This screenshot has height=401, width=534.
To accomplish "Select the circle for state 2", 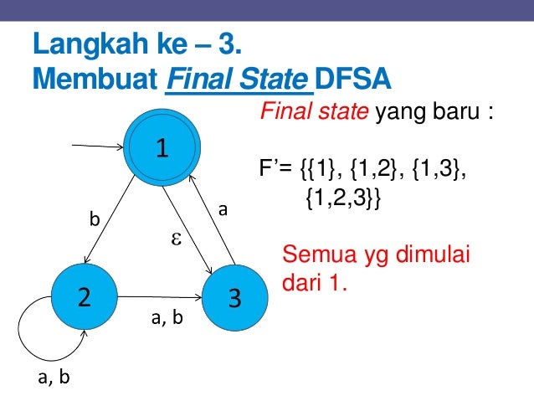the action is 84,297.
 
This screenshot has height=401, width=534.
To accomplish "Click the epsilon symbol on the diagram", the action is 177,239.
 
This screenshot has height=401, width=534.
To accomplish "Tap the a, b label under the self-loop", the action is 54,378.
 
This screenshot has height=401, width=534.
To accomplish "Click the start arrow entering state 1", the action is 100,147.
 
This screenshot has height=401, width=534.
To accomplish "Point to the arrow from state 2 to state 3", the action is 159,296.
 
